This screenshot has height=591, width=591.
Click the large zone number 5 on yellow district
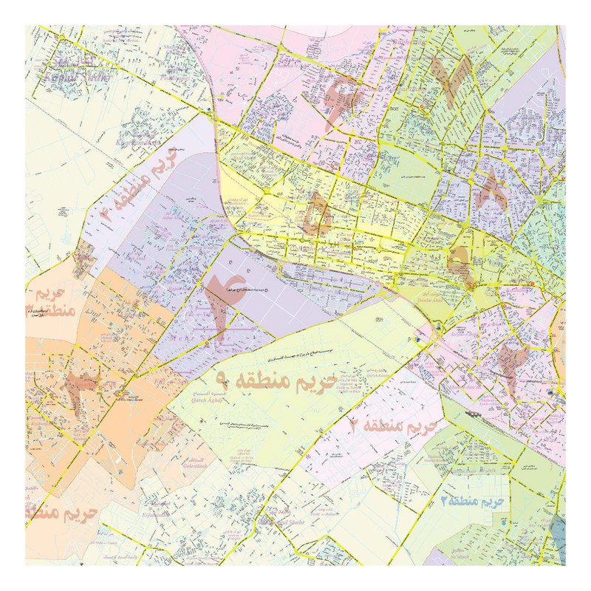point(317,214)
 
